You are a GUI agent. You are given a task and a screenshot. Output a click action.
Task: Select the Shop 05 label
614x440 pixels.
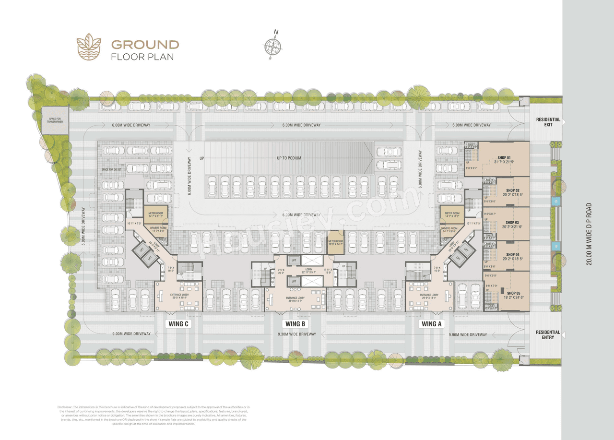pos(513,293)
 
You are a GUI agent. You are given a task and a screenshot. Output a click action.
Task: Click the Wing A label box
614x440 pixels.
pos(431,324)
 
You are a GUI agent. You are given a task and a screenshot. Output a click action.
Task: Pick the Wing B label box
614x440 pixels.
pos(295,324)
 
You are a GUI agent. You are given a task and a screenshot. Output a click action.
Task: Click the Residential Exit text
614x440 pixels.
pos(548,122)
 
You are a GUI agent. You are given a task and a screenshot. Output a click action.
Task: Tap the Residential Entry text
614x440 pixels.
pos(548,334)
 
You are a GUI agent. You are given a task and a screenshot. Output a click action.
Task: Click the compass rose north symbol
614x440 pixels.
pos(272,45)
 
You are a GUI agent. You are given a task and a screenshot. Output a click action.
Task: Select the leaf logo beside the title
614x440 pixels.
pos(89,47)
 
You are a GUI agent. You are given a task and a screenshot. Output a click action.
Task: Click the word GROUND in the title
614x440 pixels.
pos(145,45)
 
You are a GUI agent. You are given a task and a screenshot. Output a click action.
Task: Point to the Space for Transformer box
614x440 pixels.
pos(55,120)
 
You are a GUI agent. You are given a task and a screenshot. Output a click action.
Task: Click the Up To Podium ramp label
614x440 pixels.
pos(289,158)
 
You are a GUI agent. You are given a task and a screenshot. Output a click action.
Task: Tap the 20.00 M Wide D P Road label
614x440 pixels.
pos(589,234)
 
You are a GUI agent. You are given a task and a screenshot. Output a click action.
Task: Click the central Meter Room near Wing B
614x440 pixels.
pos(336,242)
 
